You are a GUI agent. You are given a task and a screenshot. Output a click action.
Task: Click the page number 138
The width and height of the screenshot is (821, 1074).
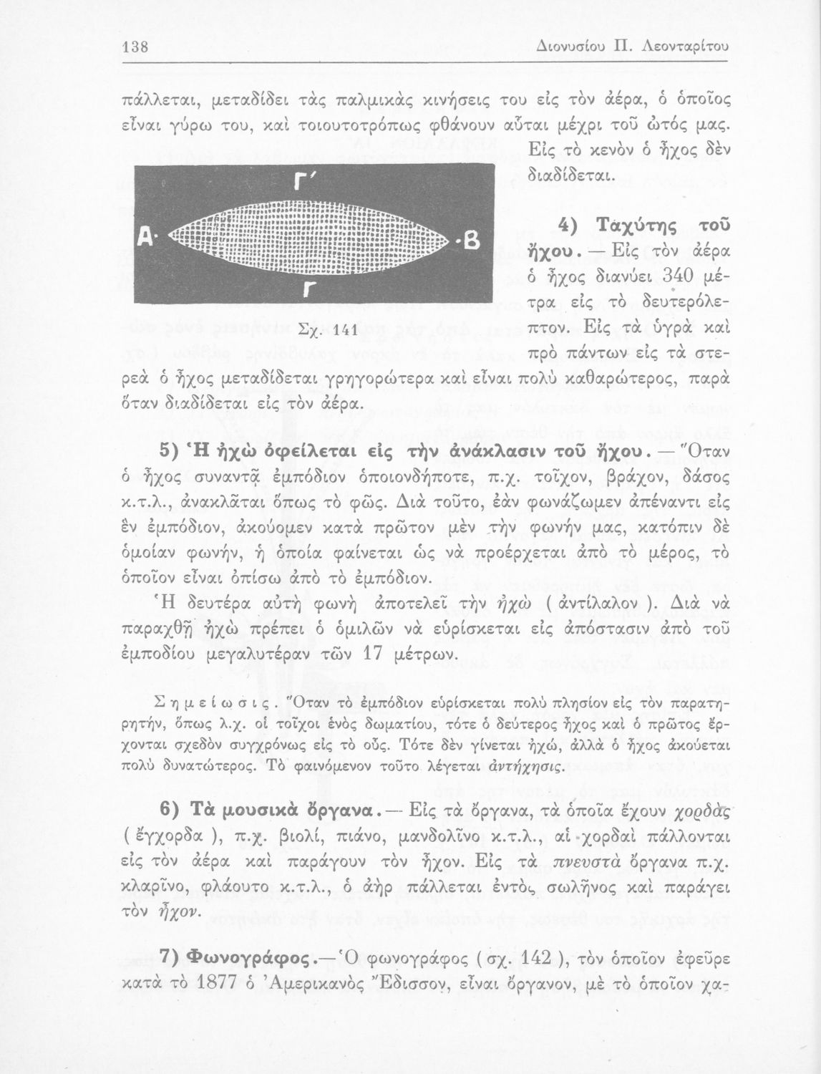[x=135, y=47]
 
